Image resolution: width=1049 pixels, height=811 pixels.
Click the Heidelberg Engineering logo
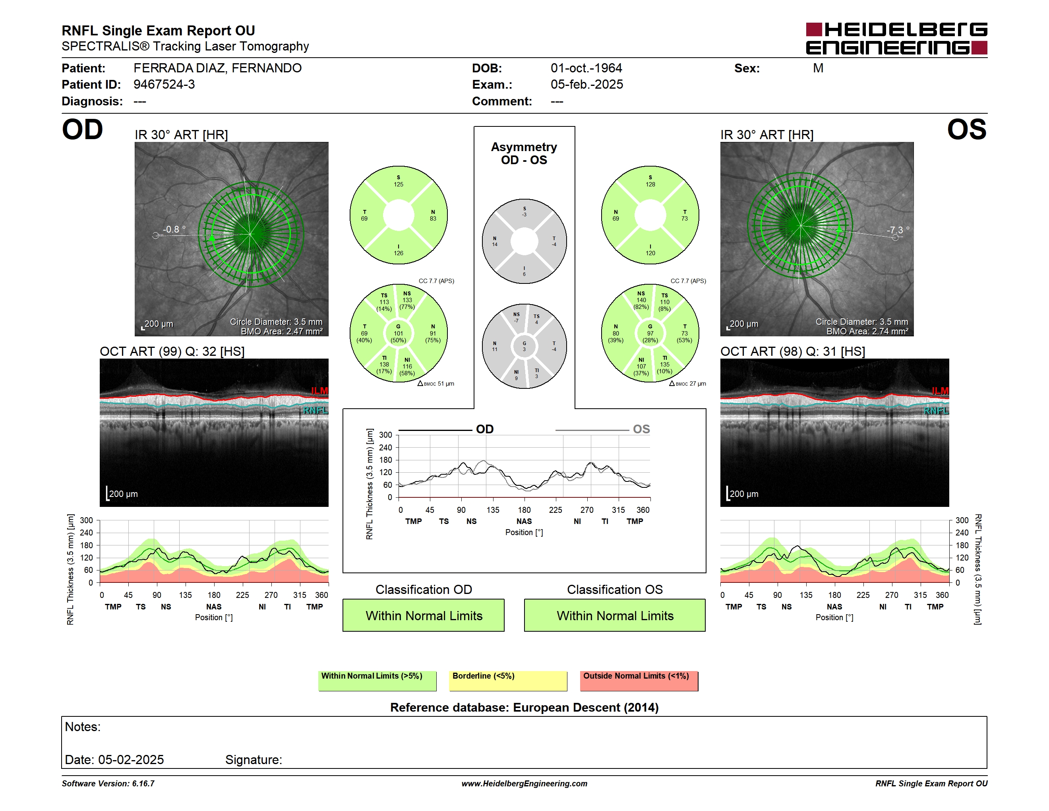896,39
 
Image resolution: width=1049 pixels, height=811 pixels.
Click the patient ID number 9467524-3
164,85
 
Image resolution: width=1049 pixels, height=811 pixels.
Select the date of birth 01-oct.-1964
586,68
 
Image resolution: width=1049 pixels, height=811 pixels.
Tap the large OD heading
82,130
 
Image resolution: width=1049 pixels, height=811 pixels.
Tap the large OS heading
966,130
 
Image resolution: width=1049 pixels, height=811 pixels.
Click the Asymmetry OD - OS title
524,153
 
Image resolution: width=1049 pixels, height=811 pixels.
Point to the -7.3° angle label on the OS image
898,230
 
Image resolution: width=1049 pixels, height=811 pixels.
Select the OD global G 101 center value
398,334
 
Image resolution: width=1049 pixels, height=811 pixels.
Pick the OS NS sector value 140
641,300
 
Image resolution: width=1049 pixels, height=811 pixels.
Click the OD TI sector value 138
384,364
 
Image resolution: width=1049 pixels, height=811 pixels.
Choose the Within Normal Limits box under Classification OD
424,615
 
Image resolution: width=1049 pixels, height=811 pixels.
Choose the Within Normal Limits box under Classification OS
615,615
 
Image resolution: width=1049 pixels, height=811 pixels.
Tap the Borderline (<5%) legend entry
508,681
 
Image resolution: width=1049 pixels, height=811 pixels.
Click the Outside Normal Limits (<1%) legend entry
639,681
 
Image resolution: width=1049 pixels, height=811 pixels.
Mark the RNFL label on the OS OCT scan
936,411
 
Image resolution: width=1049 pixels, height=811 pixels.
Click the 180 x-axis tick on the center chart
524,510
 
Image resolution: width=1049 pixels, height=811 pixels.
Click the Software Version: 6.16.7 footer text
108,784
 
